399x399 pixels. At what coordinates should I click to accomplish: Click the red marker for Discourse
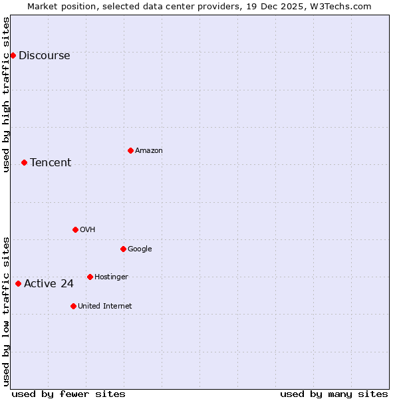point(13,55)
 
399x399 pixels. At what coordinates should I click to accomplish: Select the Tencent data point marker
point(24,162)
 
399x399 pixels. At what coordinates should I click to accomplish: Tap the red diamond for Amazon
point(130,150)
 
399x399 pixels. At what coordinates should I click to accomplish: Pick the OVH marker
point(75,229)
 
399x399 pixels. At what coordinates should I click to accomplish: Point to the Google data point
point(123,249)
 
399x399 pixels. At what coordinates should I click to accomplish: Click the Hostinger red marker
point(90,277)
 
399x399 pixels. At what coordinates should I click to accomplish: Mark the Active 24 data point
point(18,283)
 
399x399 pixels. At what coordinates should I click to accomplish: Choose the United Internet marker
point(73,306)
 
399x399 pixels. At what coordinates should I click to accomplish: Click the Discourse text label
point(44,56)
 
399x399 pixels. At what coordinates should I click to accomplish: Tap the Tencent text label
point(51,163)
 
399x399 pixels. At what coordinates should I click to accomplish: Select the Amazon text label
point(149,151)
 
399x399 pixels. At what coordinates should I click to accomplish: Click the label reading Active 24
point(49,284)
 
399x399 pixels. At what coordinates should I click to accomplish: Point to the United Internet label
point(105,307)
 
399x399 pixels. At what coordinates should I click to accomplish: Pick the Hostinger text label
point(111,277)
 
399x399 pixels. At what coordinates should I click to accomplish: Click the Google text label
point(140,249)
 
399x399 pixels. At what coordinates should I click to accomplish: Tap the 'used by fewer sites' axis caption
point(68,394)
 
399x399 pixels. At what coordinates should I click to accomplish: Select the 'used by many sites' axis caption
point(334,394)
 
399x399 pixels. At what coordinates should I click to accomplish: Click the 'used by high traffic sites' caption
point(6,94)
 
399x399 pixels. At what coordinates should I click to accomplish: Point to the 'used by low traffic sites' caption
point(6,311)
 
